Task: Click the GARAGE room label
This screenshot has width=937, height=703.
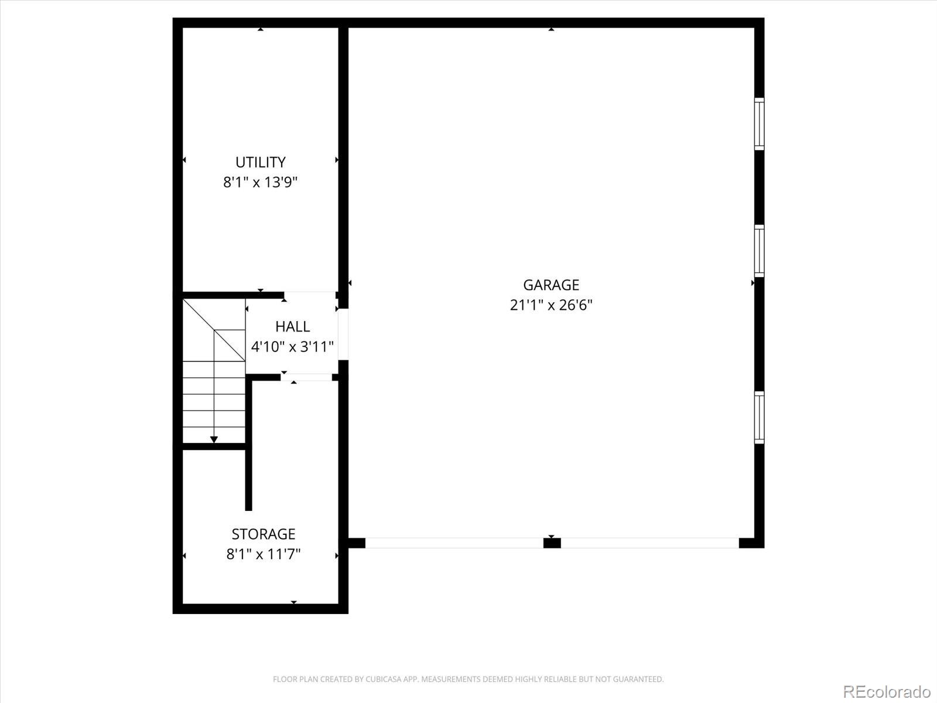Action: coord(550,285)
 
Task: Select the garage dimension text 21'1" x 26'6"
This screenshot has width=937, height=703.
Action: coord(550,305)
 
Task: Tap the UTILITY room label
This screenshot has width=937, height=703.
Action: coord(260,162)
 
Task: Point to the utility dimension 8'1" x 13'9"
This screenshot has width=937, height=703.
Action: coord(260,182)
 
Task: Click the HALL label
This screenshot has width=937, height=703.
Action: coord(292,326)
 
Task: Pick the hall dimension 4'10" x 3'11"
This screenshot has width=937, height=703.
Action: coord(292,347)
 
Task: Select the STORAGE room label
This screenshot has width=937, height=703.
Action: coord(263,534)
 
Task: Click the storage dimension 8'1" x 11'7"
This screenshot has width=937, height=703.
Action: coord(263,554)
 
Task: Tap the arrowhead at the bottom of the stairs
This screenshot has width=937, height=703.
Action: coord(214,439)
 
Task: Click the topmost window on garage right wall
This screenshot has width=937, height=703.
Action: coord(758,124)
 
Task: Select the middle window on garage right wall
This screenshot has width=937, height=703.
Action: coord(758,251)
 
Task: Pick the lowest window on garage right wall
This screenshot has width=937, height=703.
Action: coord(758,417)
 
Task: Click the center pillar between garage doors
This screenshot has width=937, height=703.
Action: coord(552,543)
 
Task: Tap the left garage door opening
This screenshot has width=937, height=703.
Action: coord(454,543)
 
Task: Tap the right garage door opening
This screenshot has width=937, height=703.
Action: coord(649,543)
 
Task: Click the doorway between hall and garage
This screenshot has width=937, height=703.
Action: coord(343,334)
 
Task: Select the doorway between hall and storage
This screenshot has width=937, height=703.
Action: coord(306,377)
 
